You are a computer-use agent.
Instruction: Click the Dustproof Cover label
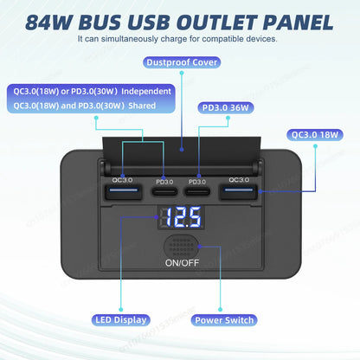pos(179,62)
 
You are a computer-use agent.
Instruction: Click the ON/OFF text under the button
pos(179,263)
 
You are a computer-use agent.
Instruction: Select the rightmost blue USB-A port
pos(240,191)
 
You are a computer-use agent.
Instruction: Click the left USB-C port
pos(160,192)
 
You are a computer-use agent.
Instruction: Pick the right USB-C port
pos(198,192)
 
